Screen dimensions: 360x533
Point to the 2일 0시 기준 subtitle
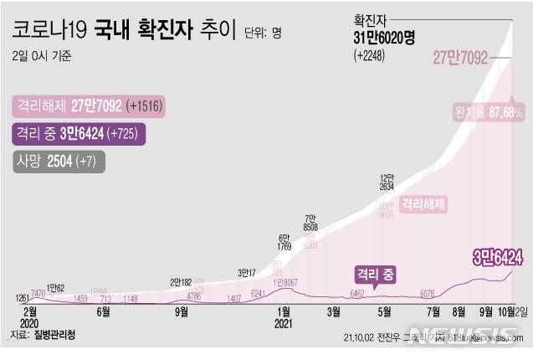[x=42, y=57]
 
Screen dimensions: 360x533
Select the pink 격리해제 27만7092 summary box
[x=87, y=106]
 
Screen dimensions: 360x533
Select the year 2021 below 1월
[x=283, y=322]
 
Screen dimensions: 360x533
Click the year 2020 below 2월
[x=28, y=322]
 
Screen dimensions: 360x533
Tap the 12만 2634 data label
[x=387, y=183]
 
